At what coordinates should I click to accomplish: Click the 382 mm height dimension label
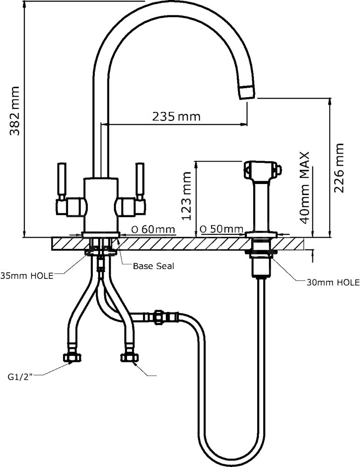[x=15, y=111]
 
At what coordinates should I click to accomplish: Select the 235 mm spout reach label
[x=176, y=116]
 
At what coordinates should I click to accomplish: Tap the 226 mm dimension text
[x=338, y=168]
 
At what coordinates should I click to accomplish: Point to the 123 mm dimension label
[x=187, y=196]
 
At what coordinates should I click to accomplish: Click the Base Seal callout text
[x=153, y=266]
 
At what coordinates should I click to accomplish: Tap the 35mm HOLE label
[x=27, y=276]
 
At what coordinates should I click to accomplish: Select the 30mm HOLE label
[x=333, y=283]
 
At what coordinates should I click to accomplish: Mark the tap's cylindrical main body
[x=100, y=205]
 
